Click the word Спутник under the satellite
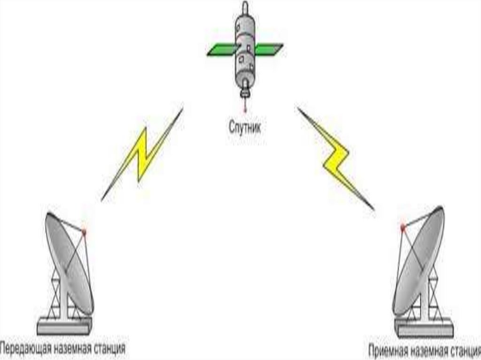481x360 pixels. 244,126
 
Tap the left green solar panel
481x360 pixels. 222,50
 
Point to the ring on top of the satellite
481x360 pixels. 245,8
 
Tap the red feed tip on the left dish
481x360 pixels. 85,232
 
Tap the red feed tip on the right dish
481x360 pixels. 403,228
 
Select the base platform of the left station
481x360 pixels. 64,326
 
